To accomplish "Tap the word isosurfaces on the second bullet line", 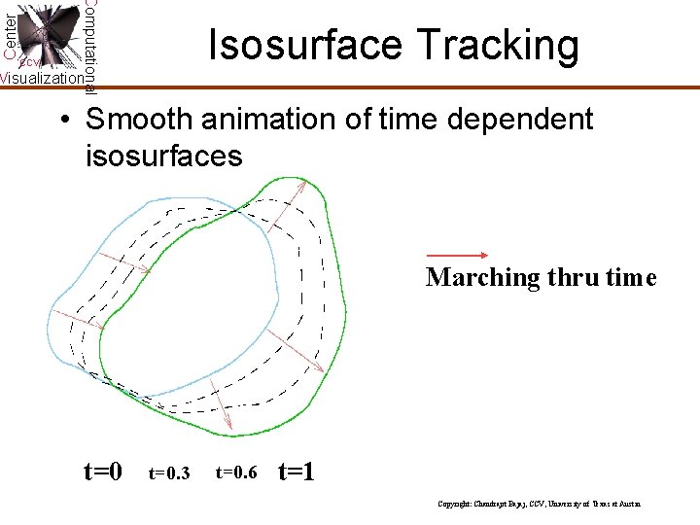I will coord(164,156).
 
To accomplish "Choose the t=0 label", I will coord(103,472).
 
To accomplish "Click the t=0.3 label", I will coord(169,473).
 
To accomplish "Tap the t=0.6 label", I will coord(236,473).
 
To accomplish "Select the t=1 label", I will coord(296,472).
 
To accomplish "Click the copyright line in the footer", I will coord(540,505).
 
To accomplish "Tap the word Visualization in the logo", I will coord(41,78).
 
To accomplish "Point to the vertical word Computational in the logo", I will coord(89,44).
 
